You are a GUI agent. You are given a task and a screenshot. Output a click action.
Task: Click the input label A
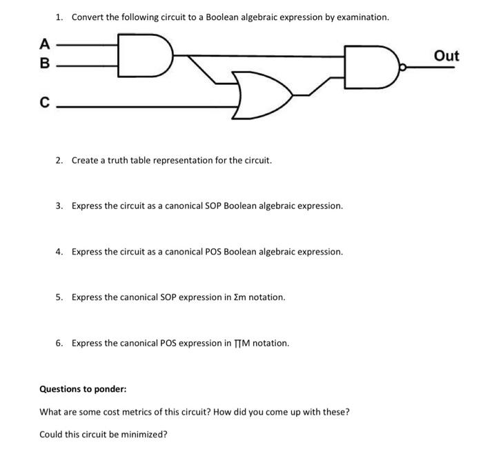point(45,45)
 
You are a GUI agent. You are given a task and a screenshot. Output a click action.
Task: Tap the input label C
point(45,104)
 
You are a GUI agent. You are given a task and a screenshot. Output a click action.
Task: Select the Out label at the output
point(446,56)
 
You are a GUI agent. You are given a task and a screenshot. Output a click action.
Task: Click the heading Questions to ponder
point(83,389)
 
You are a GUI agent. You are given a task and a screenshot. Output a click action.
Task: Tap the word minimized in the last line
point(144,435)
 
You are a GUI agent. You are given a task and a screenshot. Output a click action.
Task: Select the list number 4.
point(59,252)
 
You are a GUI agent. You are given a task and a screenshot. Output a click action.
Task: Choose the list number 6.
point(59,343)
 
